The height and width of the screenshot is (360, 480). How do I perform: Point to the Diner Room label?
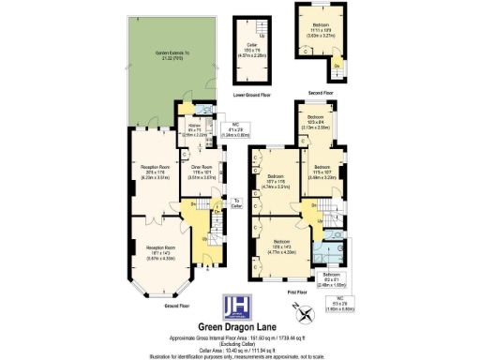pyautogui.click(x=203, y=172)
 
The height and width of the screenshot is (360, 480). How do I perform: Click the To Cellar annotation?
pyautogui.click(x=236, y=202)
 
